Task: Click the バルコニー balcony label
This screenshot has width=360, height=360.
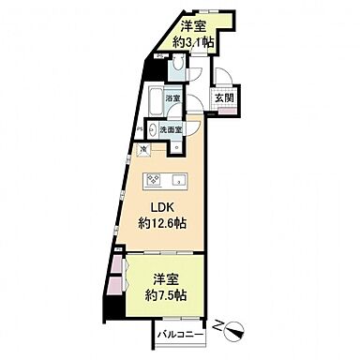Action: pos(176,334)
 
